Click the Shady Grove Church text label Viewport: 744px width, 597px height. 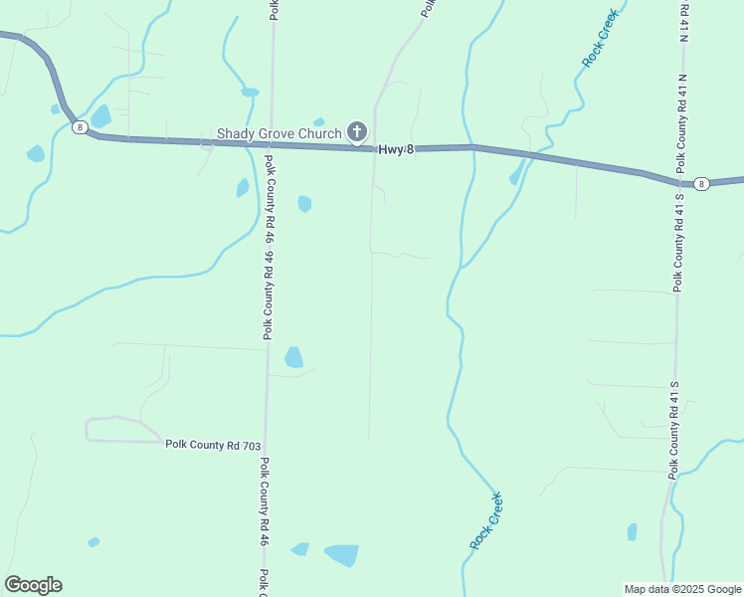(x=279, y=132)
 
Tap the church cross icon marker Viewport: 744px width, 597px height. (x=356, y=131)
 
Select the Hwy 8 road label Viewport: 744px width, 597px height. (x=395, y=148)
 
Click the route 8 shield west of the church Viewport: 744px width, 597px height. (x=78, y=126)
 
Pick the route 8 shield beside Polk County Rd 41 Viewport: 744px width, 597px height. (x=702, y=183)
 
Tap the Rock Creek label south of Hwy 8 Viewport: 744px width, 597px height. (x=486, y=520)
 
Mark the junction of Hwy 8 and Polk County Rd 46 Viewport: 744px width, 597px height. (x=268, y=144)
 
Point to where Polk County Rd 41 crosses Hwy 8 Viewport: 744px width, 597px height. (x=679, y=180)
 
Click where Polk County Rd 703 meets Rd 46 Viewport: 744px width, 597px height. (x=266, y=444)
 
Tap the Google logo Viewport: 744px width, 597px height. (x=33, y=585)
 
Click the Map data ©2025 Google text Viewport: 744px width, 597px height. (x=681, y=589)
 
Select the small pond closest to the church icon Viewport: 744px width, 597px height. (x=318, y=122)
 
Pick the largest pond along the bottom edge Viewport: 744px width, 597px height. (x=341, y=554)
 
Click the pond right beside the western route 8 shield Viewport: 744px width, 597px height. (x=100, y=115)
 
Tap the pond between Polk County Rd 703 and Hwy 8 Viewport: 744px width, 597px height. (x=293, y=356)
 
